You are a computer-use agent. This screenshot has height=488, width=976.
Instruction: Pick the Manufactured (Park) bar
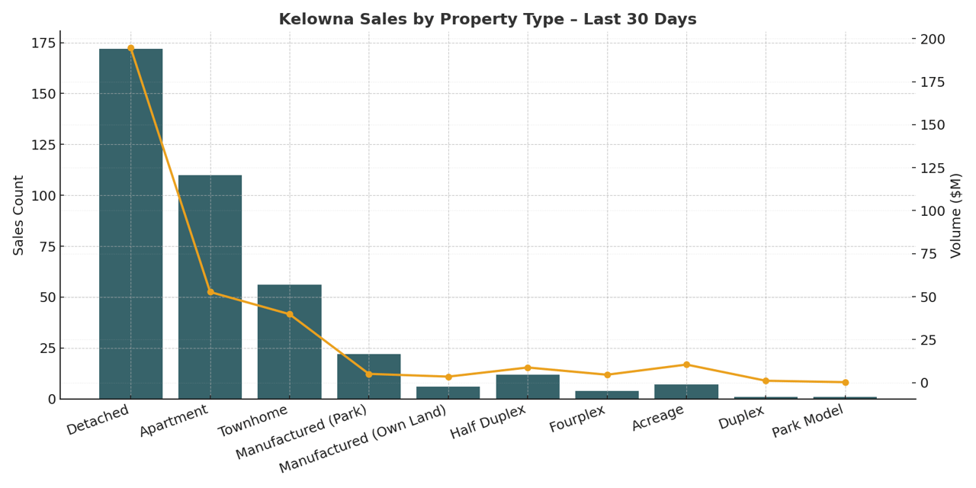369,377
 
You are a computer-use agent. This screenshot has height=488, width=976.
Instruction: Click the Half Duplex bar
528,387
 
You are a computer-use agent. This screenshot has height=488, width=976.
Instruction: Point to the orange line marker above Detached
130,48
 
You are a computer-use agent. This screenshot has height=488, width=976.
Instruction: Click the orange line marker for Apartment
210,292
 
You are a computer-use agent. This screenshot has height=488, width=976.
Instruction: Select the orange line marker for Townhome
290,314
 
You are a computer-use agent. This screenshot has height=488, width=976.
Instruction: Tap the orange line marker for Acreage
686,364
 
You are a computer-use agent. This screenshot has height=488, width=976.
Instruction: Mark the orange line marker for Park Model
845,383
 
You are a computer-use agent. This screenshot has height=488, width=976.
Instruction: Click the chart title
487,20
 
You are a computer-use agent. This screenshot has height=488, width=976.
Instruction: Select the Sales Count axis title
19,215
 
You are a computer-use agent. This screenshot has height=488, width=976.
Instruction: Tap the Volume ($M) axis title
956,215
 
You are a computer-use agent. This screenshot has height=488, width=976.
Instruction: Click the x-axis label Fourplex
577,419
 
